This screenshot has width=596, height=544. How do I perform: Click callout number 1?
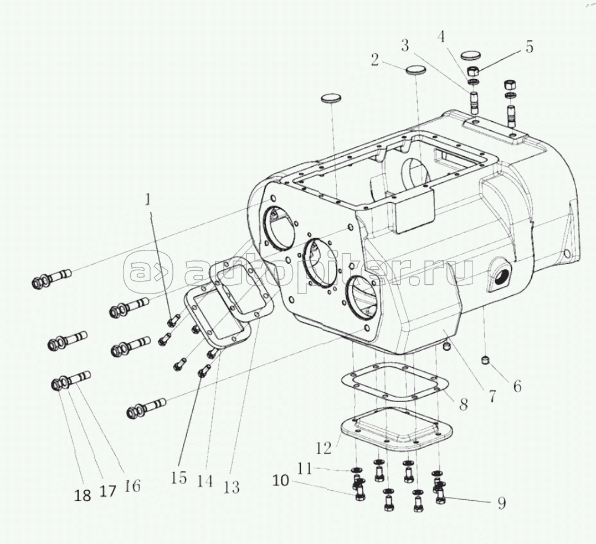point(148,200)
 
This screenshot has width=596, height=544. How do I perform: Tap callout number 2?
point(375,60)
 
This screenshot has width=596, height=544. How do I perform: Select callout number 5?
point(530,47)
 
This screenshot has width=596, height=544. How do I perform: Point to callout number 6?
point(517,386)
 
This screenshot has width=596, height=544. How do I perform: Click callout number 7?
point(492,396)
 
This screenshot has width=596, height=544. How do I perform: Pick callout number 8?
point(463,404)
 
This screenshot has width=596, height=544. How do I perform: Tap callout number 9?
point(502,504)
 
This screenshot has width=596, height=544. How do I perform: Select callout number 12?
point(324,448)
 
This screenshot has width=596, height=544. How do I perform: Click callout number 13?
point(232,487)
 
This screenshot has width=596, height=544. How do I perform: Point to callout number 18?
point(83,495)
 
